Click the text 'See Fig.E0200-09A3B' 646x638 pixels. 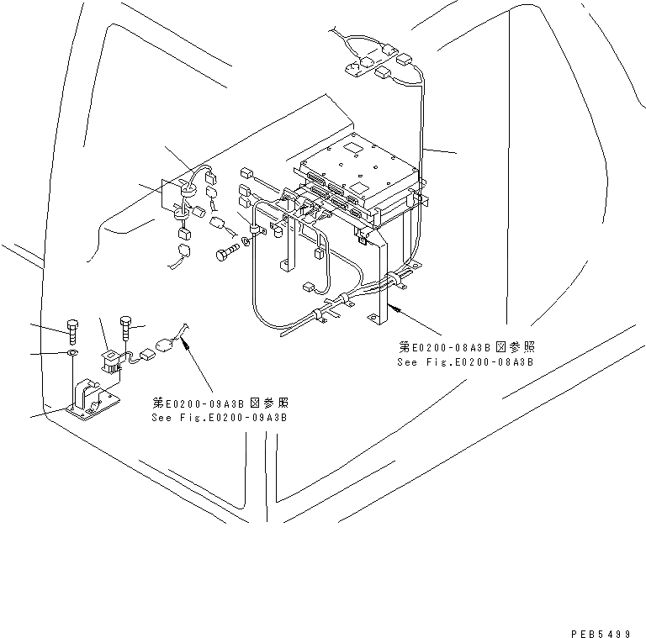pyautogui.click(x=219, y=417)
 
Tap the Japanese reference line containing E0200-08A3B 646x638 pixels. pyautogui.click(x=467, y=347)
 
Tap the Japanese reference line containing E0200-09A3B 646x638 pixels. pyautogui.click(x=220, y=403)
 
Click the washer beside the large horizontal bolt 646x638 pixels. pyautogui.click(x=245, y=242)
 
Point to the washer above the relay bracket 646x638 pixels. pyautogui.click(x=72, y=355)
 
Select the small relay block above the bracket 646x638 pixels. pyautogui.click(x=108, y=359)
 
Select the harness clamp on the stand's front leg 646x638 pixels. pyautogui.click(x=393, y=278)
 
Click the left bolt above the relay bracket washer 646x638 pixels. pyautogui.click(x=71, y=330)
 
